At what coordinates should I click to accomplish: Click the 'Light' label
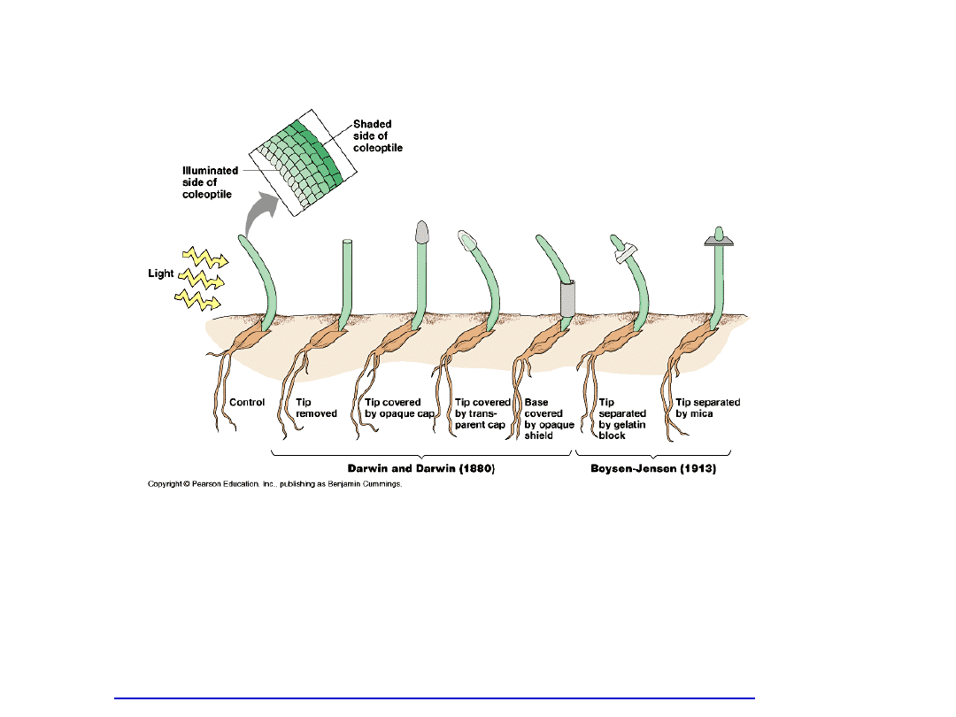161,274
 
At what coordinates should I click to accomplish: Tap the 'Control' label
247,403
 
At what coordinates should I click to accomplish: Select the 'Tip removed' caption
317,408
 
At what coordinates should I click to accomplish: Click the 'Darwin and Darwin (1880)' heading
420,468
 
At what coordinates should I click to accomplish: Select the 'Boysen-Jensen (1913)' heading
653,468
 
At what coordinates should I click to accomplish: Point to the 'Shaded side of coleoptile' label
378,135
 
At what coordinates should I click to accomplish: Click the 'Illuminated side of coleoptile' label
211,181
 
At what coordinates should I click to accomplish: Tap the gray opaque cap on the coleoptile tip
423,231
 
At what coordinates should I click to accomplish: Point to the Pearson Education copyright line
274,484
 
